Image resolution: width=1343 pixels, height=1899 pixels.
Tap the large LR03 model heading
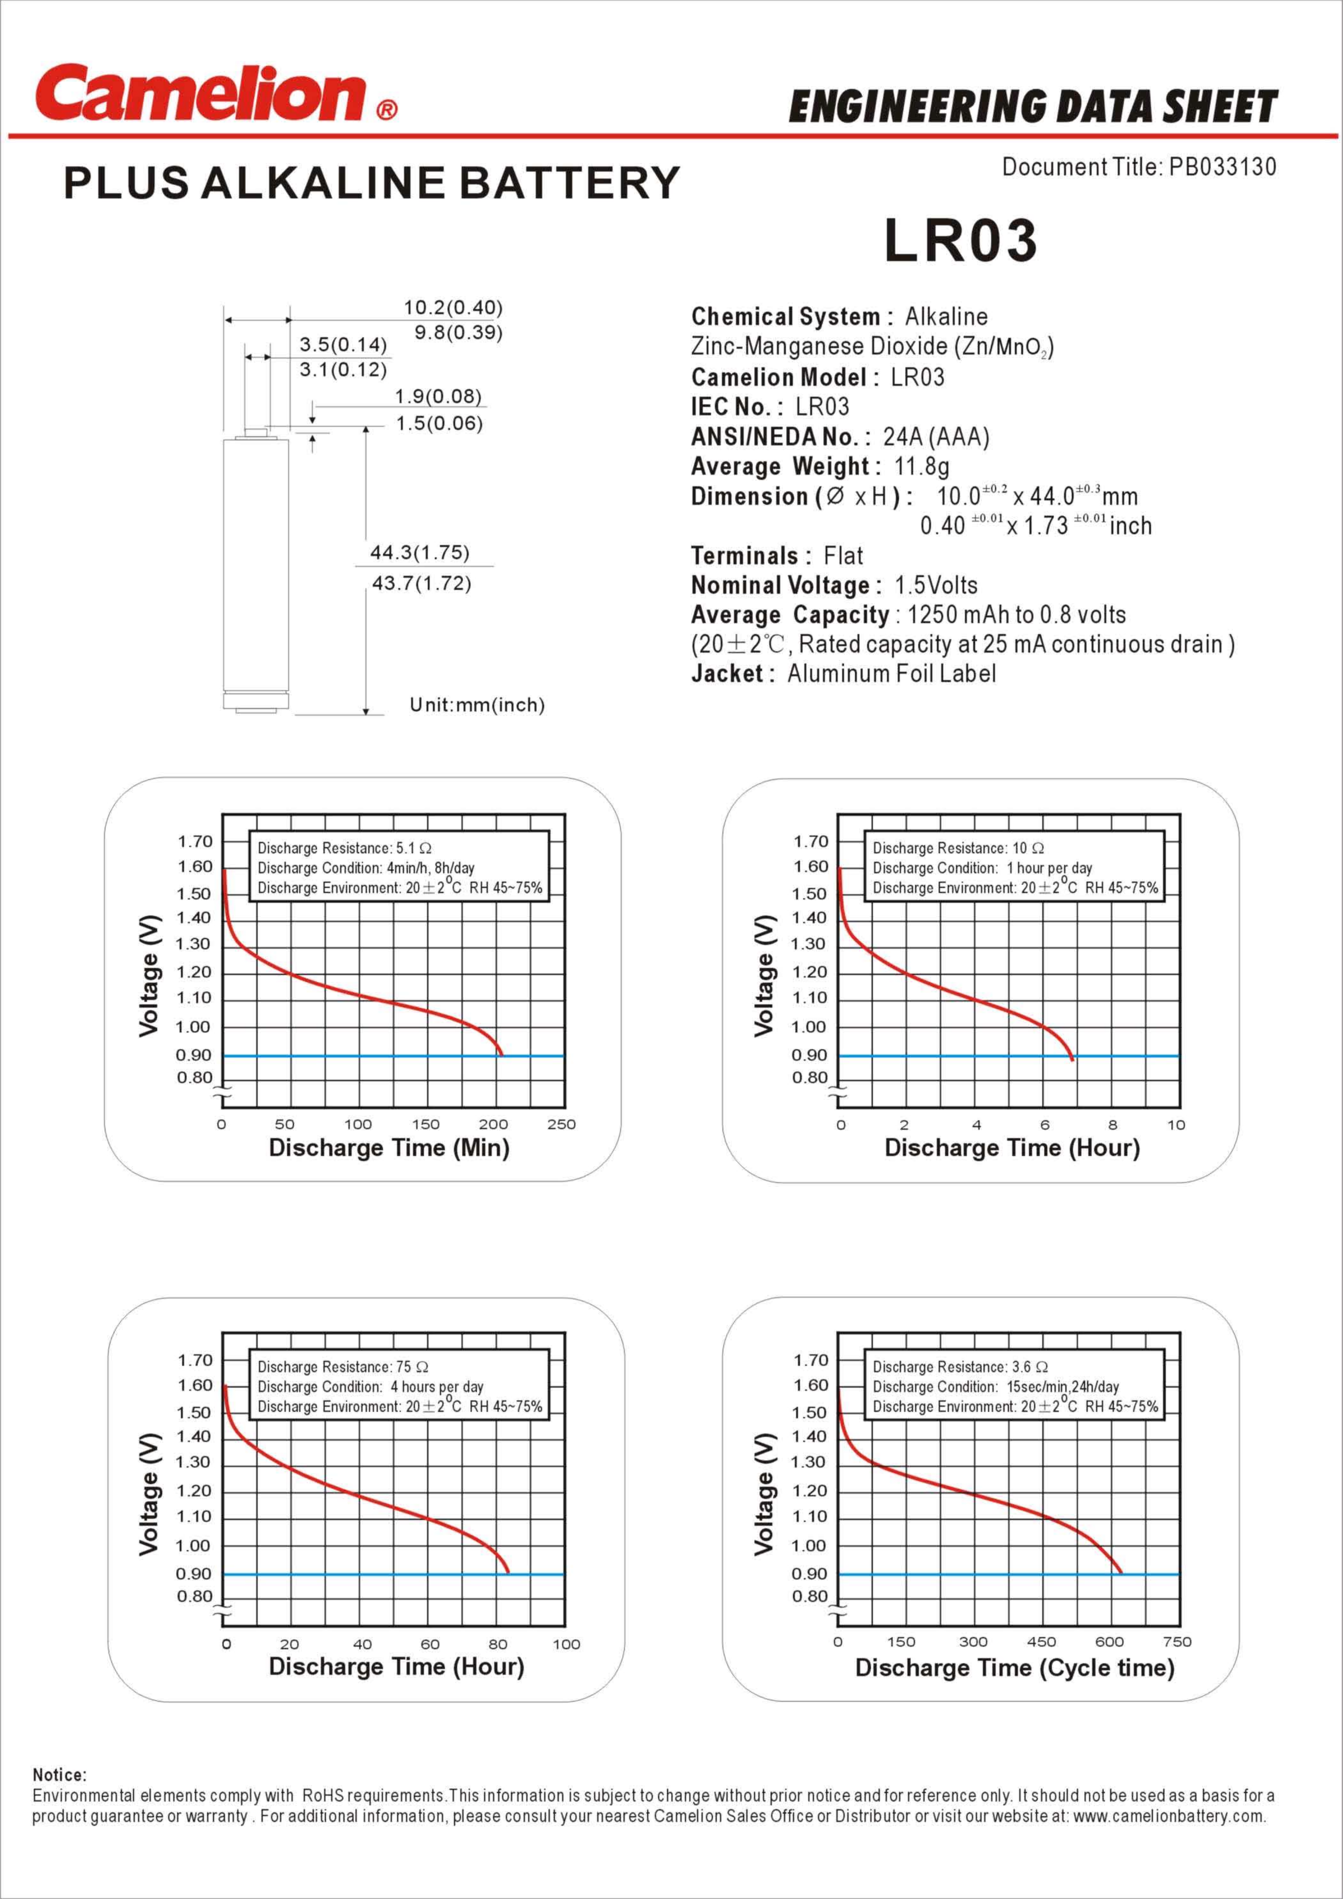point(960,241)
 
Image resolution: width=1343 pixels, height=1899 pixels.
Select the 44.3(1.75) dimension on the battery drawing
point(419,553)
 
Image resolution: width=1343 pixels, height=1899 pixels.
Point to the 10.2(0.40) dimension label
point(452,308)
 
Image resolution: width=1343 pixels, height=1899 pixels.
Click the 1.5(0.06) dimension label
point(438,423)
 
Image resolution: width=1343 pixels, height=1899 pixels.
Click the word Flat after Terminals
point(843,556)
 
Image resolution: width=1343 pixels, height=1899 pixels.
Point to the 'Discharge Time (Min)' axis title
point(389,1148)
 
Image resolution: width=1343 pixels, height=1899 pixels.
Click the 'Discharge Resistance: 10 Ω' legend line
point(958,848)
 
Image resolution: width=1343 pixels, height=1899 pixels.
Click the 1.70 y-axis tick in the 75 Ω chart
point(195,1360)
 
